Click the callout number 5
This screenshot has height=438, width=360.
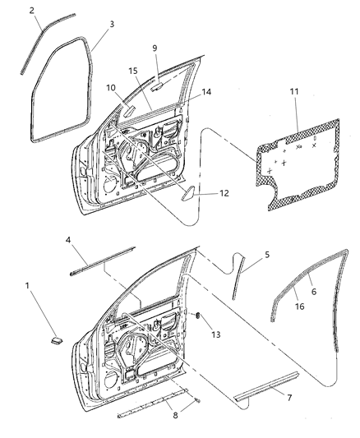coord(267,256)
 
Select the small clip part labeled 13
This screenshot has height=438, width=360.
coord(197,316)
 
